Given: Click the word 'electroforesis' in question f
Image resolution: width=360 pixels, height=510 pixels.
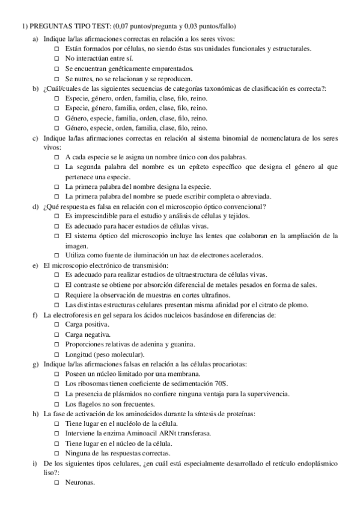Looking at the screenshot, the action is tap(76, 315).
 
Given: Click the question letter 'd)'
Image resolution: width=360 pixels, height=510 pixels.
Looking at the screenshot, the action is tap(35, 206).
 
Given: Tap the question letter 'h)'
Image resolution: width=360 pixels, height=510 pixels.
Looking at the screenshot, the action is tap(35, 414).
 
